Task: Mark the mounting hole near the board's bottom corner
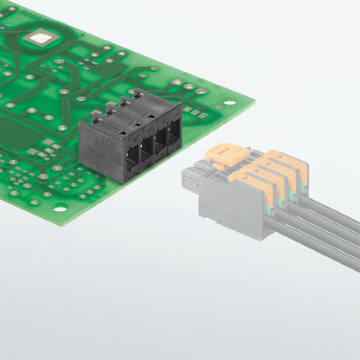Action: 59,208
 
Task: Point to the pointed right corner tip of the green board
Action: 253,101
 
